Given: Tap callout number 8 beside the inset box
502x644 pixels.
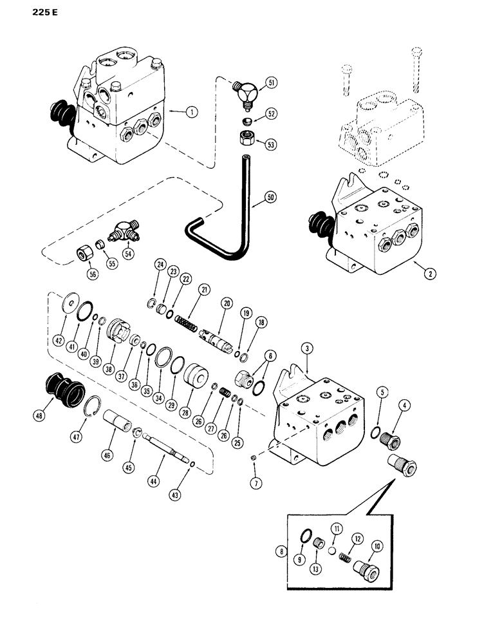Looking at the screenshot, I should pos(279,551).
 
